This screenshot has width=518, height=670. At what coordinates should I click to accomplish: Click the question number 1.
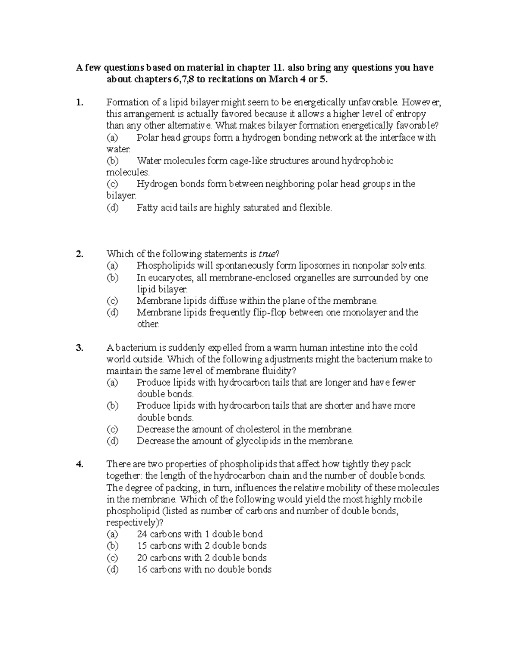[x=79, y=103]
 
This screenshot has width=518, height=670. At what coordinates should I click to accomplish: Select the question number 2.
[x=79, y=254]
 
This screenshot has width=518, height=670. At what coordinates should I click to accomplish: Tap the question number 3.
[x=79, y=348]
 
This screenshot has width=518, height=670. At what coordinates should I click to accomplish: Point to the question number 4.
[x=79, y=464]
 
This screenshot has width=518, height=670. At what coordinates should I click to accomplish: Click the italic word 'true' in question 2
[x=267, y=254]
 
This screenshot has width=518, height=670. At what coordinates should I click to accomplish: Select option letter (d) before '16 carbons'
[x=112, y=569]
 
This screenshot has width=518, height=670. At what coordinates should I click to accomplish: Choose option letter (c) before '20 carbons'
[x=112, y=558]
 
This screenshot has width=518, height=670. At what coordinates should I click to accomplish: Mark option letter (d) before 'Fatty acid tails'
[x=112, y=208]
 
